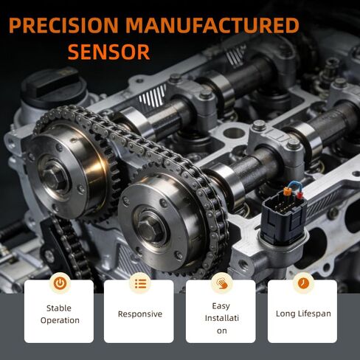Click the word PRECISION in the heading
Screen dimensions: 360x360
pos(63,25)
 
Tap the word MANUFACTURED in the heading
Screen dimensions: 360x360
pos(212,25)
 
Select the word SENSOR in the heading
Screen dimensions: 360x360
pos(108,52)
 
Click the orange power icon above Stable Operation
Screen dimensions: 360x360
pos(60,283)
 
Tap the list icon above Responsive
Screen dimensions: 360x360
pos(140,283)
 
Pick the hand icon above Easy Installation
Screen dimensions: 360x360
pos(222,283)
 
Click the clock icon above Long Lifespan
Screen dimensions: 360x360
pos(303,283)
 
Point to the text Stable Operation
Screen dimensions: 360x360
pos(60,314)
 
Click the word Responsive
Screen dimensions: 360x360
pos(140,314)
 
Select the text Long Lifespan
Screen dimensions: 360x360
pos(303,314)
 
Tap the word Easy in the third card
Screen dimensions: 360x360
pos(221,306)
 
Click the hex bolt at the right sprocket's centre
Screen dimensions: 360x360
pos(149,228)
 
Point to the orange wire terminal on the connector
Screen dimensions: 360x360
pos(287,191)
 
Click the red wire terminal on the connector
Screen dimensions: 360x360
pos(300,195)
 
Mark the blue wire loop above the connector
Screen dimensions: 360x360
pos(294,185)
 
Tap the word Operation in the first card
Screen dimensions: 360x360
pos(60,320)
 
